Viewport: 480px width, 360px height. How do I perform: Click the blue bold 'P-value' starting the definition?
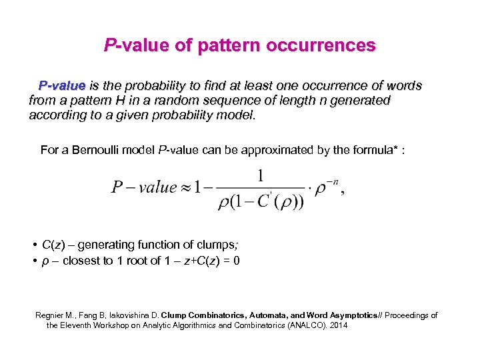(62, 86)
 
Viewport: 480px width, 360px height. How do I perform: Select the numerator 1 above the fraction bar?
(261, 175)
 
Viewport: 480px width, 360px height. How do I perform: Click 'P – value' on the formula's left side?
(143, 187)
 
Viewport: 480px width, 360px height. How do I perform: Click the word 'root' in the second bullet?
(139, 261)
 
